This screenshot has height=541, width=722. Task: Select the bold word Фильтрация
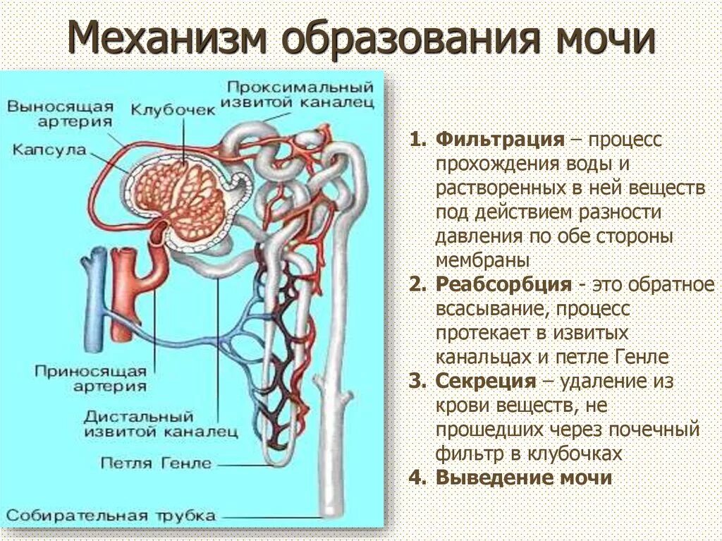point(500,139)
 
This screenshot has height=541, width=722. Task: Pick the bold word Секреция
point(486,382)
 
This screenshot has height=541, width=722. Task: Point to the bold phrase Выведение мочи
point(523,478)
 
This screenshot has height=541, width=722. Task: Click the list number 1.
point(417,139)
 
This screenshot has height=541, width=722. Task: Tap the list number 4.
point(417,478)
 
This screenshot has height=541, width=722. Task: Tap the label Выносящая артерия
point(61,114)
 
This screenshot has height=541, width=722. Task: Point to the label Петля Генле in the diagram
point(156,463)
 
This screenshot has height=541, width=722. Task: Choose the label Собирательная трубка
point(111,515)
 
